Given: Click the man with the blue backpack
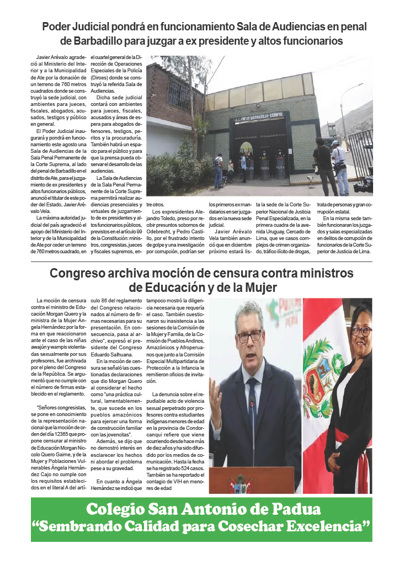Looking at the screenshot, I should click(x=218, y=169).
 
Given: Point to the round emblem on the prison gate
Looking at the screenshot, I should click(x=246, y=148).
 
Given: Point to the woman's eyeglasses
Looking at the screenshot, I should click(x=361, y=331).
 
